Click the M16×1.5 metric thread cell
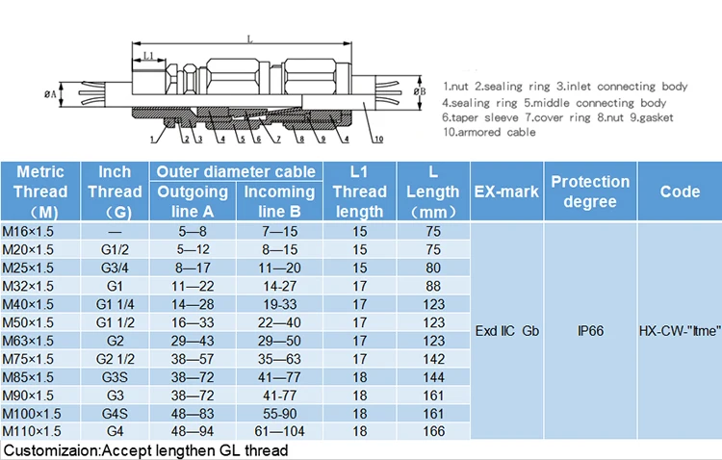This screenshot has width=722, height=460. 28,231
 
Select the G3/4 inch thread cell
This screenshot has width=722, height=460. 115,268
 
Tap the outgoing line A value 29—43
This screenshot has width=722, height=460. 193,341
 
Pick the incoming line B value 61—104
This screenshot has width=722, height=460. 279,431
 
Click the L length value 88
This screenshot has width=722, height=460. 433,287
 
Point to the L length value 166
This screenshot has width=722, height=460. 434,431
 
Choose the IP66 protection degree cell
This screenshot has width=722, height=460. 590,331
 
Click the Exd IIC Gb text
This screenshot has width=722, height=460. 507,331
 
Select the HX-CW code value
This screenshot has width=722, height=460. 680,331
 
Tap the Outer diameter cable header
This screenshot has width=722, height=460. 236,171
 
